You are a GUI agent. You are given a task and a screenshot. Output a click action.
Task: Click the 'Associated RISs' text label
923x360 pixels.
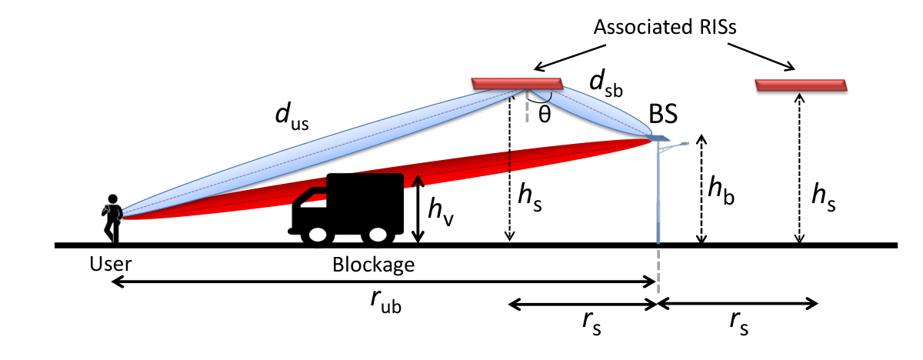pyautogui.click(x=665, y=27)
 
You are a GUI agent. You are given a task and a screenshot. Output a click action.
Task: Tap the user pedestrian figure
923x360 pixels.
pyautogui.click(x=112, y=218)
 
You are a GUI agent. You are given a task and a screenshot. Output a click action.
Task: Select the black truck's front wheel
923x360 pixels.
pyautogui.click(x=317, y=235)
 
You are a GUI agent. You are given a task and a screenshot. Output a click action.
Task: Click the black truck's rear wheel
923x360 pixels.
pyautogui.click(x=377, y=235)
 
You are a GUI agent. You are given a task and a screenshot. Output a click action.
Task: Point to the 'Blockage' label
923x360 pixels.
pyautogui.click(x=373, y=265)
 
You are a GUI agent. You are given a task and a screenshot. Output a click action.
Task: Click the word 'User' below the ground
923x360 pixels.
pyautogui.click(x=111, y=264)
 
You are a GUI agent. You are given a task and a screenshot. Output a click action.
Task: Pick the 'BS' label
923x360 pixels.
pyautogui.click(x=663, y=114)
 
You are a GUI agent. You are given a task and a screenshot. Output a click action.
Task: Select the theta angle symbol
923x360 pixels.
pyautogui.click(x=545, y=114)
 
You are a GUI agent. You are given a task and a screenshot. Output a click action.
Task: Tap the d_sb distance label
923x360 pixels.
pyautogui.click(x=606, y=83)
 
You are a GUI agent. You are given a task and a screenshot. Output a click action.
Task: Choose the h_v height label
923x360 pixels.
pyautogui.click(x=441, y=212)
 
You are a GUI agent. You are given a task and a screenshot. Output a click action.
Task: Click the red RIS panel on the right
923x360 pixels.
pyautogui.click(x=801, y=85)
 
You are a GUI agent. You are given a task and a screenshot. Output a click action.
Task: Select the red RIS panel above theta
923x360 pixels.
pyautogui.click(x=517, y=84)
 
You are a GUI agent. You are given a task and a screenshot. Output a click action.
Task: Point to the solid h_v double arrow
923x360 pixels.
pyautogui.click(x=418, y=208)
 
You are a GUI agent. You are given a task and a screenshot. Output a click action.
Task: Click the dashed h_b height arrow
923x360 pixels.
pyautogui.click(x=701, y=188)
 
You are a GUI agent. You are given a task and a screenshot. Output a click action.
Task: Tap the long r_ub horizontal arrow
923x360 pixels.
pyautogui.click(x=384, y=282)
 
